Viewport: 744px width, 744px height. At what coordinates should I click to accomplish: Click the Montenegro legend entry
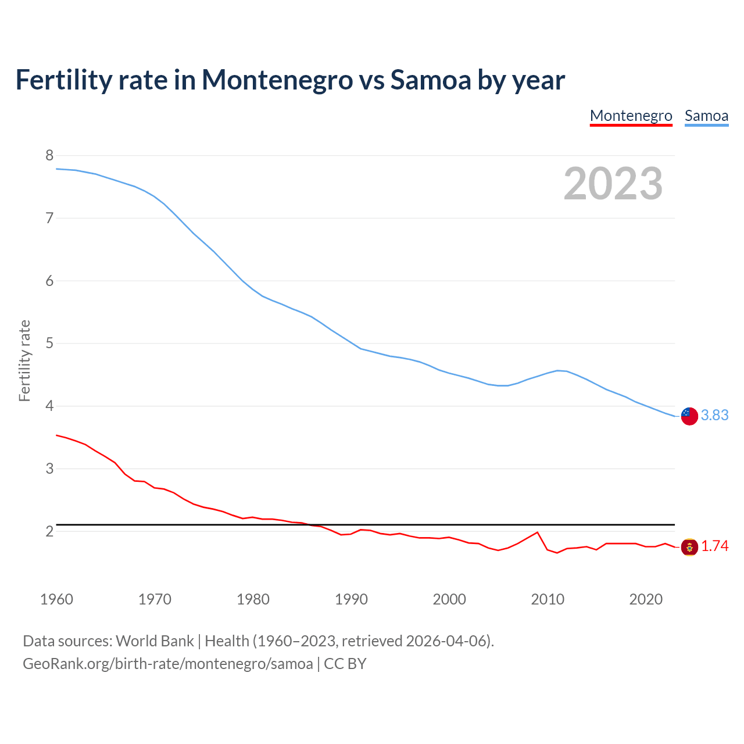pos(631,116)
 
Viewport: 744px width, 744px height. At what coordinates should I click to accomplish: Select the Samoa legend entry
pos(706,116)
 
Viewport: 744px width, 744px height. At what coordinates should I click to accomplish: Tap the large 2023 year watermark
pos(613,184)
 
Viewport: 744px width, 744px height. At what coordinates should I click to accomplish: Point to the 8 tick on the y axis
pos(49,155)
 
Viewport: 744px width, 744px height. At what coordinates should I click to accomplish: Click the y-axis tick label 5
pos(49,343)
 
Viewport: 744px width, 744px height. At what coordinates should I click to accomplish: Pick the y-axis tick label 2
pos(49,531)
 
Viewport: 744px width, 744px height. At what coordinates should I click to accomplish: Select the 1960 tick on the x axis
pos(56,599)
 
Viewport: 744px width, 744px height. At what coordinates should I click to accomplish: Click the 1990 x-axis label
pos(351,599)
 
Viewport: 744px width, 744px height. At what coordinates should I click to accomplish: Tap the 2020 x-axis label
pos(646,599)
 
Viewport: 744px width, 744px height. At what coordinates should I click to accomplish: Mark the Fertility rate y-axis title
pos(24,360)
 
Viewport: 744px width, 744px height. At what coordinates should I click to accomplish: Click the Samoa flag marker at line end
pos(689,416)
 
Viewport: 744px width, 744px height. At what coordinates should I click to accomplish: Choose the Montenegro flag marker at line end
pos(689,547)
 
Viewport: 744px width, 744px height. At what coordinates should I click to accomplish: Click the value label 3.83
pos(714,415)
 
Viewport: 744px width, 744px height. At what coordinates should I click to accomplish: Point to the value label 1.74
pos(714,546)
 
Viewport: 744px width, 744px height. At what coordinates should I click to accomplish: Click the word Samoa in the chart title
pos(430,80)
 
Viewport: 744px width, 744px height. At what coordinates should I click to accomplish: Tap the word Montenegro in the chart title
pos(277,80)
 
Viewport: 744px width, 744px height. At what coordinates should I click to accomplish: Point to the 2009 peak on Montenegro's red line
pos(537,532)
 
